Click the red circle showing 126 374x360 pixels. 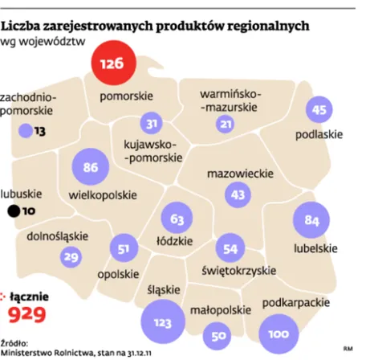[x=112, y=63]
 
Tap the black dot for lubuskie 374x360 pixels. [x=13, y=212]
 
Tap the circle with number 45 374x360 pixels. [x=319, y=110]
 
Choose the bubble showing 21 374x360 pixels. [x=226, y=124]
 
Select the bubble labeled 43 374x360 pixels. [x=238, y=194]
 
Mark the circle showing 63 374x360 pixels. [x=177, y=218]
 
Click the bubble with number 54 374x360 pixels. [x=230, y=249]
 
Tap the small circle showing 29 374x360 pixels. [x=71, y=256]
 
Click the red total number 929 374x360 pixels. [x=26, y=313]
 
